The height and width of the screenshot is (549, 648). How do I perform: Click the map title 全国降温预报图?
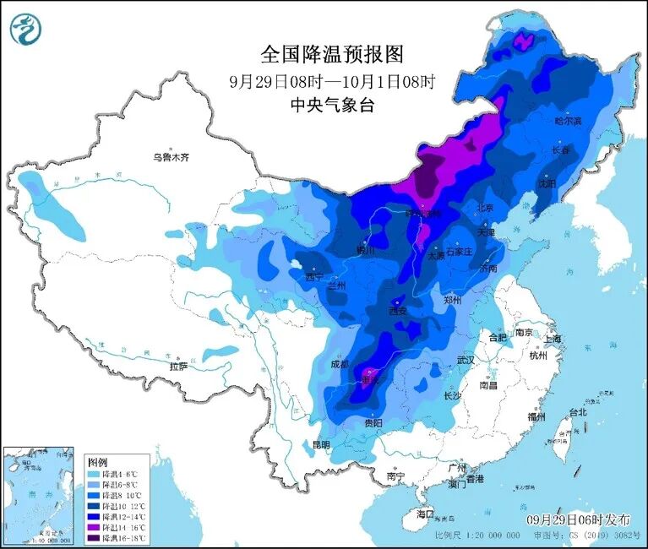coord(332,55)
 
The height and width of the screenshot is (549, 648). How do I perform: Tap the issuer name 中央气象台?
coord(332,106)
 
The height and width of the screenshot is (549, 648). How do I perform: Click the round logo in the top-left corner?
coord(26,30)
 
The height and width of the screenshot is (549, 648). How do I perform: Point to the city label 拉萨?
coord(178,367)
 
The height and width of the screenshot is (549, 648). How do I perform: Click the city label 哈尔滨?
coord(569,121)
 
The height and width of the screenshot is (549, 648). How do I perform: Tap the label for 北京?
coord(484,207)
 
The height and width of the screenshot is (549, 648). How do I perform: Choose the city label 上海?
coord(553,339)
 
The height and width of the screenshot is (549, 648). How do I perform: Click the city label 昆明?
coord(321,444)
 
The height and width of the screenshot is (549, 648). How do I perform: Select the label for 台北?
coord(577,413)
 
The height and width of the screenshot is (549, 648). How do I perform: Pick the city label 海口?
coord(425,514)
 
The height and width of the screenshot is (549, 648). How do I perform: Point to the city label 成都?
coord(339,365)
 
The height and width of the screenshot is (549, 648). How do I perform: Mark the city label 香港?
coord(474,479)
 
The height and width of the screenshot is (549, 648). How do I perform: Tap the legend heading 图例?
coord(98,462)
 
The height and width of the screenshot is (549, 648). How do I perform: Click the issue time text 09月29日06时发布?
coord(574,517)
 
